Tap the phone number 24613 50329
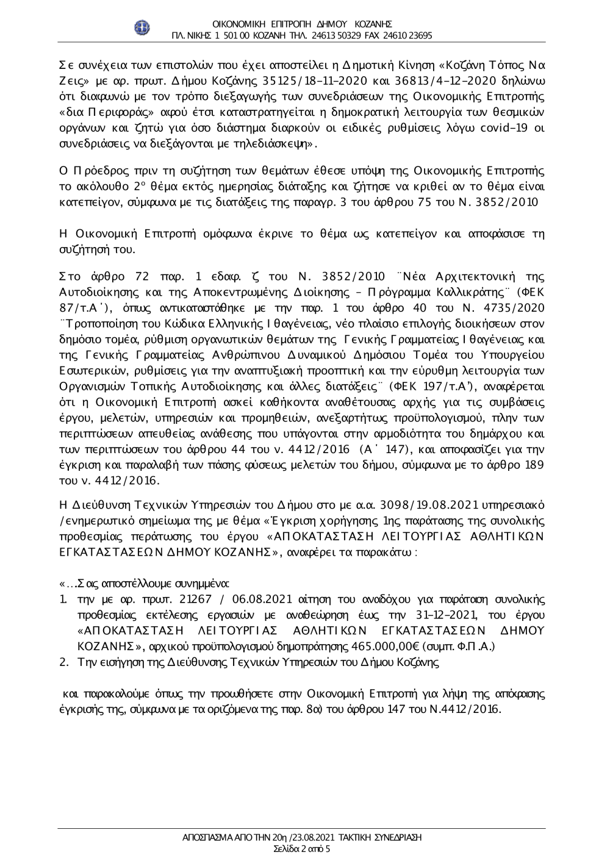tap(336, 35)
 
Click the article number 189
tap(534, 464)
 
